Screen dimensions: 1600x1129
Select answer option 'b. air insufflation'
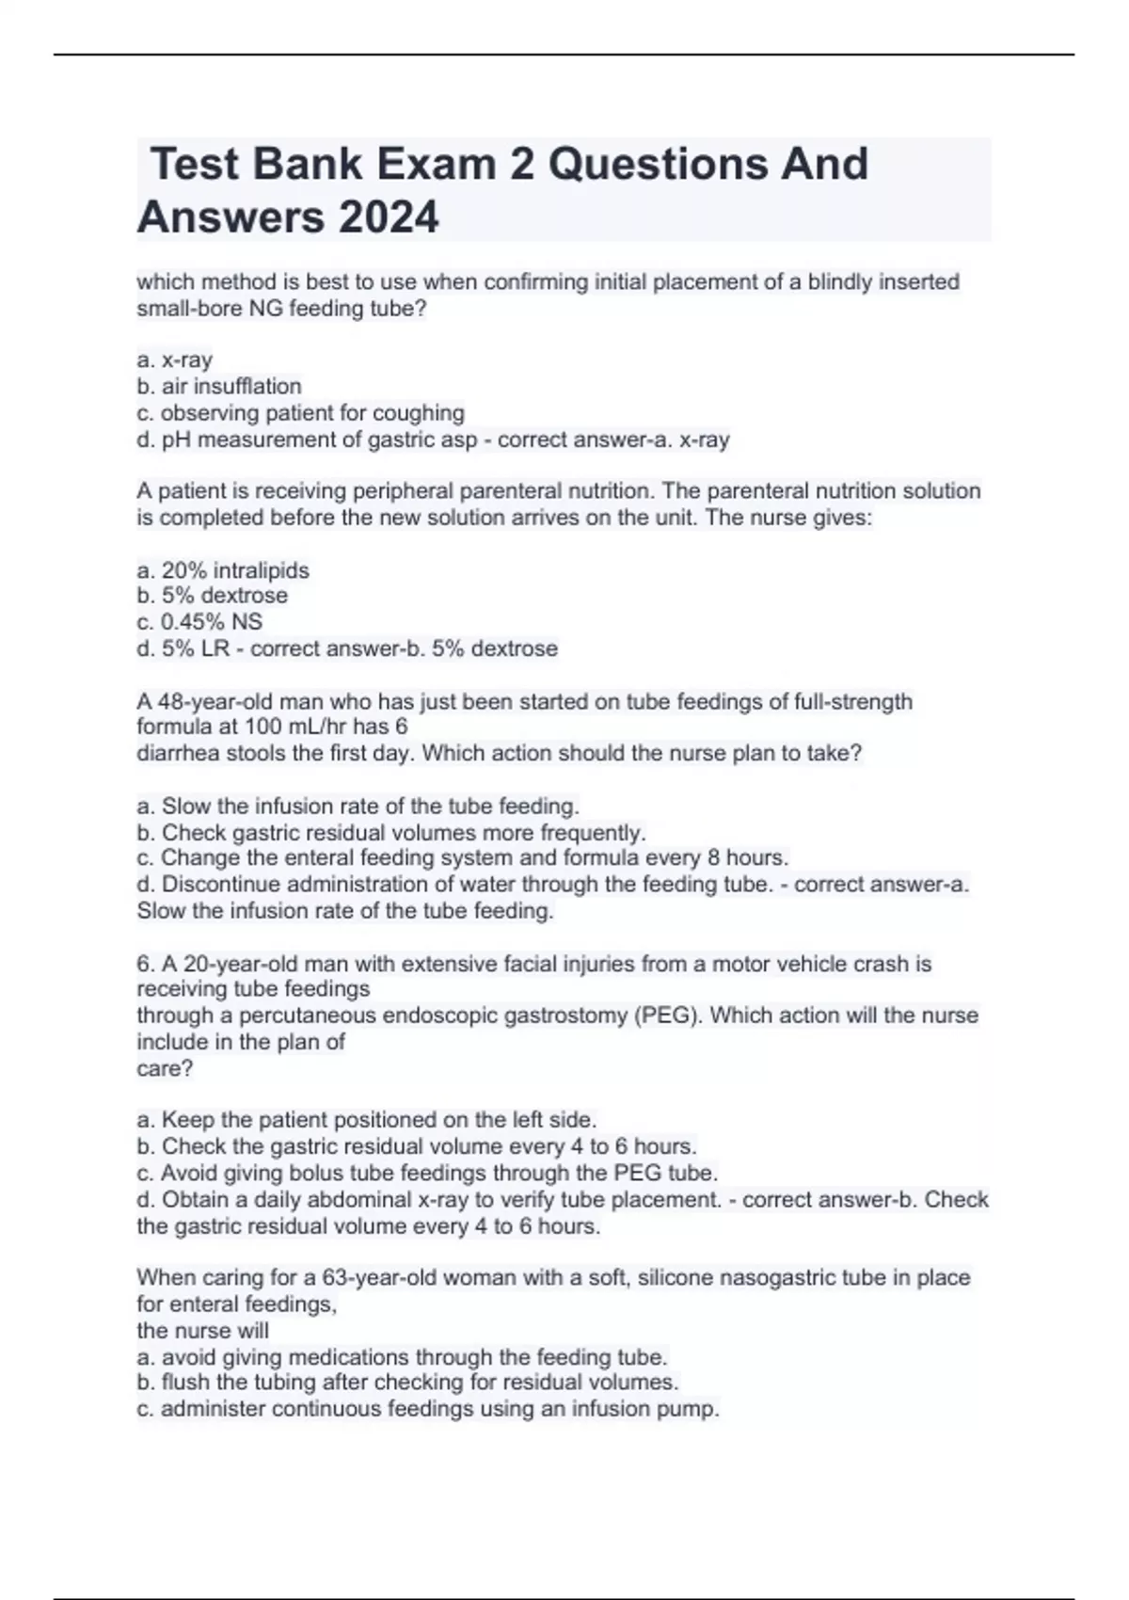(x=219, y=386)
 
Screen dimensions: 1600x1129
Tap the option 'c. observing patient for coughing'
(x=300, y=412)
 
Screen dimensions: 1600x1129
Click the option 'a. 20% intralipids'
(x=223, y=570)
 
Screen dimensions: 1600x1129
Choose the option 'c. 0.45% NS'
(x=199, y=621)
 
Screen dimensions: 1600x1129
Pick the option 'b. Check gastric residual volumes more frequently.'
(x=391, y=832)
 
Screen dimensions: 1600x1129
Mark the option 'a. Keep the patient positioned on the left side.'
(x=367, y=1120)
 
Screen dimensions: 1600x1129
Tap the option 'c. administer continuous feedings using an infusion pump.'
(x=428, y=1409)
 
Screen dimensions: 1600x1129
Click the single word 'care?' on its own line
(x=165, y=1068)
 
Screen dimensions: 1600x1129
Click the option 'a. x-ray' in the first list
(x=175, y=360)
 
